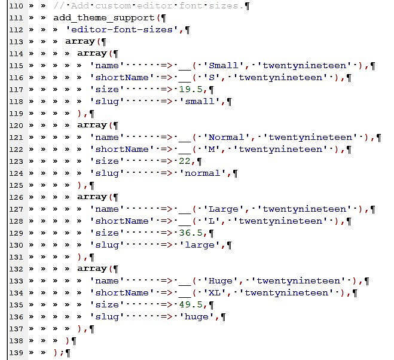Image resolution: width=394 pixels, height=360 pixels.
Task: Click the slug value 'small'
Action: [x=200, y=101]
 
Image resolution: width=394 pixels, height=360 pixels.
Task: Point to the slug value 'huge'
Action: [x=197, y=316]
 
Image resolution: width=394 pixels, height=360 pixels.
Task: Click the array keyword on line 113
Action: [x=80, y=41]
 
